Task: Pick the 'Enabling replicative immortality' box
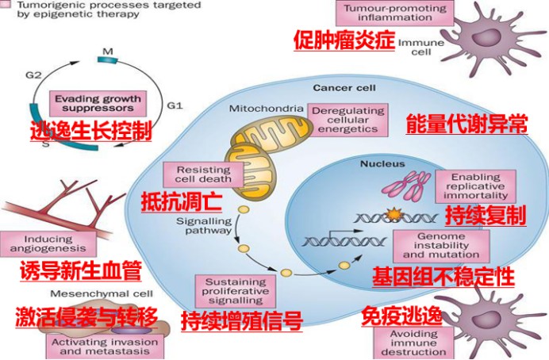[x=476, y=186]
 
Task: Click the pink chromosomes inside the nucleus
[x=409, y=187]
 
